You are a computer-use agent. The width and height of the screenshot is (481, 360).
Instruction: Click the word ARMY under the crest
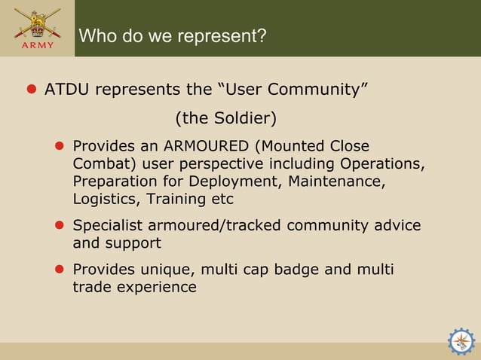(37, 45)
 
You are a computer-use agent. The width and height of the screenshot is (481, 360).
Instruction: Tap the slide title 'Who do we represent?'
(173, 36)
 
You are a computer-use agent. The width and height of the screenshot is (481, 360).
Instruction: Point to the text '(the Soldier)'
(226, 118)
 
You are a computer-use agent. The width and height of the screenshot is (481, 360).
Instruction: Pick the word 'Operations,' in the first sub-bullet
(383, 163)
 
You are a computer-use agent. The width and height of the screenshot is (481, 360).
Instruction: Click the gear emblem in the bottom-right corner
(461, 341)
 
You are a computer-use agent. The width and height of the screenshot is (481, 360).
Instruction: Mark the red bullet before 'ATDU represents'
(32, 90)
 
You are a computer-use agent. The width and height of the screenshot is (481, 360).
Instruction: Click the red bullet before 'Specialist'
(60, 226)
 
